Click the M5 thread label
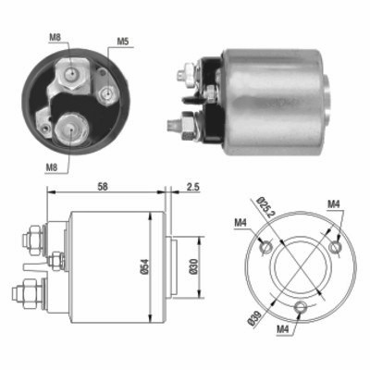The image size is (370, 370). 122,42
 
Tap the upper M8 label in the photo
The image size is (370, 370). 55,37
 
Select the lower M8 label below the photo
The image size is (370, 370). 52,167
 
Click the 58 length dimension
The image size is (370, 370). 103,187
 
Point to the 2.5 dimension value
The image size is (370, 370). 193,187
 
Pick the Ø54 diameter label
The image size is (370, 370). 144,266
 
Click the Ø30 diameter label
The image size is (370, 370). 193,266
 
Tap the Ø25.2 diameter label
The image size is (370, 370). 265,207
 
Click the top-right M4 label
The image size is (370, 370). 333,203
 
